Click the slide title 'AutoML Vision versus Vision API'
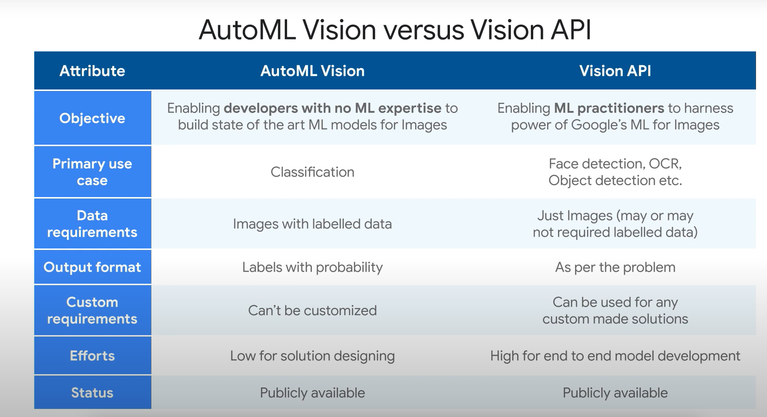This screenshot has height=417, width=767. click(x=395, y=30)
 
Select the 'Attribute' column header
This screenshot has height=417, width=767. click(x=92, y=71)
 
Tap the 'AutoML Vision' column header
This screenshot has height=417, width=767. click(x=312, y=71)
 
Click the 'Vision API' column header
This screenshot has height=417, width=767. click(x=615, y=71)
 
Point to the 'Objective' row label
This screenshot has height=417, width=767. click(x=92, y=118)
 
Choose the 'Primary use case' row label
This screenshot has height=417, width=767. click(x=92, y=172)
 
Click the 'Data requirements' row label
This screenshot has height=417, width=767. click(x=92, y=224)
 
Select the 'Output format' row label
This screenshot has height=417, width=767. click(x=92, y=267)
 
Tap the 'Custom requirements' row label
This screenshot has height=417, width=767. click(x=92, y=310)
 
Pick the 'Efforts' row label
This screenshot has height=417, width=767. click(x=92, y=356)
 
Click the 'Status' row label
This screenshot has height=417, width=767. click(x=92, y=393)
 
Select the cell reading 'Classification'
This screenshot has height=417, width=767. click(x=312, y=172)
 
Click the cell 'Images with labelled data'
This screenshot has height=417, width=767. click(x=312, y=224)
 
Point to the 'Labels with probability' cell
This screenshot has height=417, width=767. click(x=312, y=267)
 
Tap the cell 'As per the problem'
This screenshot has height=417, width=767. click(x=615, y=267)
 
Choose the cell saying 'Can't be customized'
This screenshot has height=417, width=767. click(x=312, y=310)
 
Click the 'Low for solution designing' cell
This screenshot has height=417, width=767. click(x=312, y=356)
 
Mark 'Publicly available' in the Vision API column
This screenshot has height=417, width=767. click(x=615, y=393)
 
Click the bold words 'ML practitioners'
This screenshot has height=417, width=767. click(x=609, y=108)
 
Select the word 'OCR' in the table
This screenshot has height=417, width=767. click(x=666, y=164)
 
